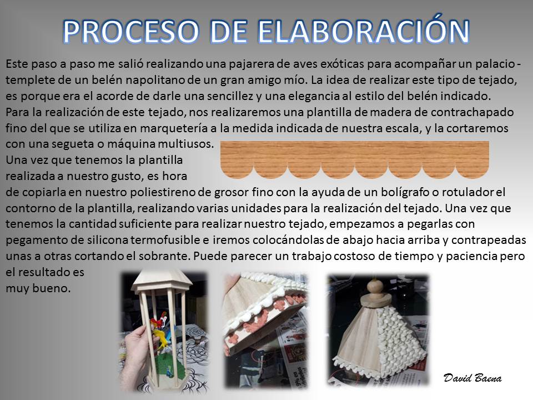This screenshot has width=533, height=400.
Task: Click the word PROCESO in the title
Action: click(131, 32)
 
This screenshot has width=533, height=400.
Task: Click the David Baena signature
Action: click(472, 378)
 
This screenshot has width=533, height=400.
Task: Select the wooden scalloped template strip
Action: click(355, 160)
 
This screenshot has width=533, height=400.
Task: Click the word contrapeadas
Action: click(489, 240)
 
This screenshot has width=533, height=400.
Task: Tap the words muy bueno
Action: click(38, 289)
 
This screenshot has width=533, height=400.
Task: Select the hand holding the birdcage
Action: click(139, 349)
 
